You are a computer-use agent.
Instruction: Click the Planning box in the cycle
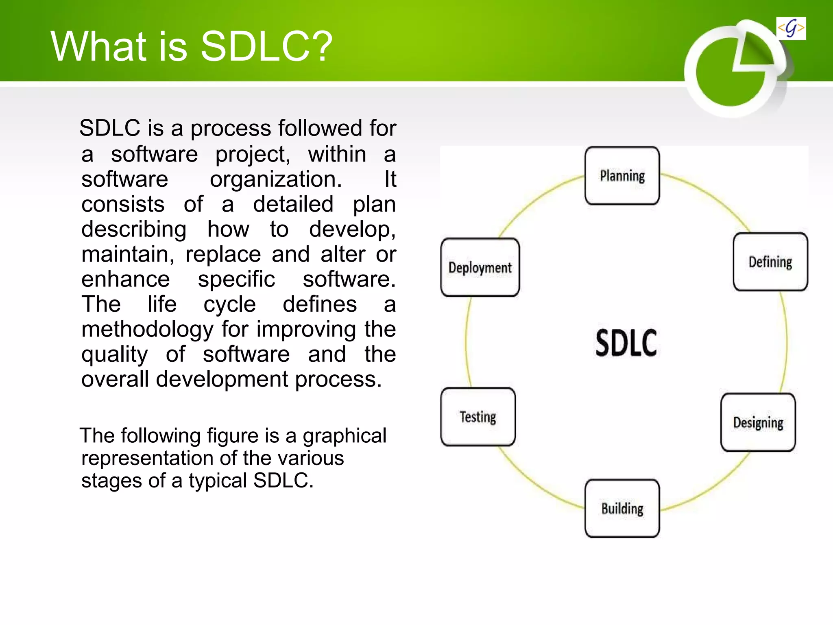click(622, 176)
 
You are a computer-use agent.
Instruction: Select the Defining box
click(770, 262)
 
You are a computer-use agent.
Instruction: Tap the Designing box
click(758, 422)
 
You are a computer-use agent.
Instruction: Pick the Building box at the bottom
click(622, 509)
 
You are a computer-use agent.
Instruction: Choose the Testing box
click(478, 417)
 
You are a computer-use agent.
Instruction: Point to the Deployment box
click(480, 267)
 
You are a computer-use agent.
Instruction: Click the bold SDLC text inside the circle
click(626, 343)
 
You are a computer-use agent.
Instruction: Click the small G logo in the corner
click(791, 28)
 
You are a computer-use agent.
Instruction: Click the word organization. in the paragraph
click(276, 179)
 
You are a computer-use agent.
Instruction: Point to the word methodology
click(147, 329)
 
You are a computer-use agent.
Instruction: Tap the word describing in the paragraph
click(134, 229)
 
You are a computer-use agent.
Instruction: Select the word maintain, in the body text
click(128, 254)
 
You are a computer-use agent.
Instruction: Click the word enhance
click(125, 279)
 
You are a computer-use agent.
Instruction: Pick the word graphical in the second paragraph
click(344, 436)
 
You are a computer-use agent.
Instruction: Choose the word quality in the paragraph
click(114, 354)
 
